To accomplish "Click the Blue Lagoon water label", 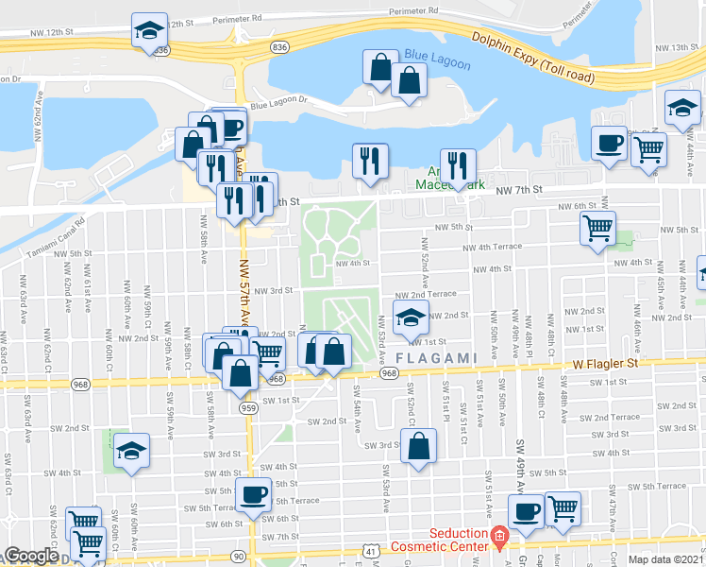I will click(430, 55).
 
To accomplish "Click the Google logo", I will click(30, 556).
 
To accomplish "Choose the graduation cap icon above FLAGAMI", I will click(410, 321).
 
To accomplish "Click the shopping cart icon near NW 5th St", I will click(597, 229).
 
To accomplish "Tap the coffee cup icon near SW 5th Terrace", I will click(253, 496).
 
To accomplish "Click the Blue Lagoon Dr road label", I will click(279, 100).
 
